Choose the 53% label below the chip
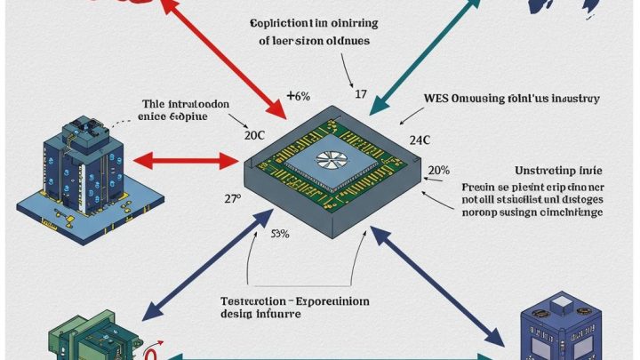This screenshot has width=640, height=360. pos(280,236)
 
